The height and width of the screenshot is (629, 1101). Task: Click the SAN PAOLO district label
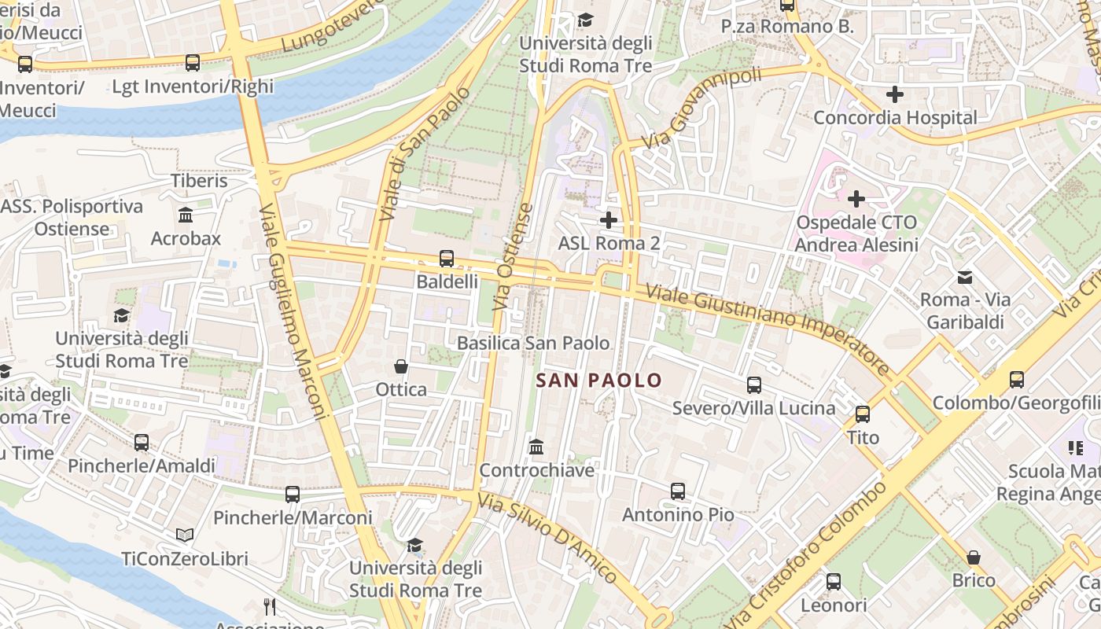[598, 381]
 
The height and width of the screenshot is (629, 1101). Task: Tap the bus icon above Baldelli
[446, 258]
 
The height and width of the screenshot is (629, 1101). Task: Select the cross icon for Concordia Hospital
[894, 95]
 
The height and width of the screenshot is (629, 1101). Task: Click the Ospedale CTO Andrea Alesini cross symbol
[856, 199]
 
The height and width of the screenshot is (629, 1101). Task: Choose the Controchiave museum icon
[536, 447]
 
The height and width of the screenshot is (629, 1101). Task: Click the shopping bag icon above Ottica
[401, 366]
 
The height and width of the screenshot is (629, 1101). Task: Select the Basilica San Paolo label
[533, 343]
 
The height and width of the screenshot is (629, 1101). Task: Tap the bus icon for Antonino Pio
[678, 491]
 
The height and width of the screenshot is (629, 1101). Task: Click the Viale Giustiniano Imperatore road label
[767, 328]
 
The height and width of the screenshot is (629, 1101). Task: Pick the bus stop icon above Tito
[863, 414]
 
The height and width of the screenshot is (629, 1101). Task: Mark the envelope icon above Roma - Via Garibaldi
[964, 277]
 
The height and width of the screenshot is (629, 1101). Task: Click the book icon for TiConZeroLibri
[185, 535]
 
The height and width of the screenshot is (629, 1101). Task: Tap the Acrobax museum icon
[186, 215]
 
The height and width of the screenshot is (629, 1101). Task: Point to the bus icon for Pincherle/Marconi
[293, 495]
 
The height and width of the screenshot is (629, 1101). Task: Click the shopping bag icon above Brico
[974, 557]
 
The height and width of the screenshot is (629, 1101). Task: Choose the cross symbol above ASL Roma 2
[608, 220]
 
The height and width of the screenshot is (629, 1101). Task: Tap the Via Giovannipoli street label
[701, 109]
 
